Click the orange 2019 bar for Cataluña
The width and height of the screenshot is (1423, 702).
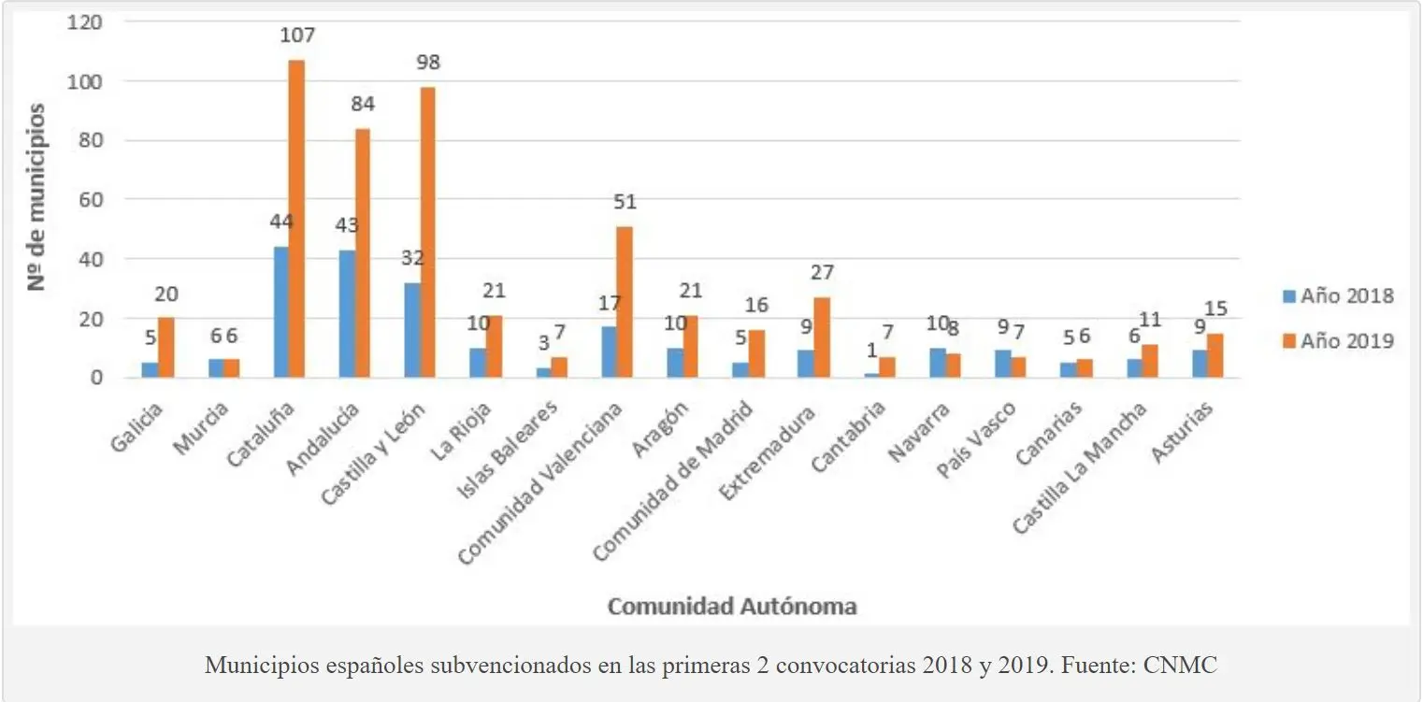pyautogui.click(x=296, y=220)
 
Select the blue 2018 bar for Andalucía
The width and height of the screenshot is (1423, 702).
pyautogui.click(x=346, y=314)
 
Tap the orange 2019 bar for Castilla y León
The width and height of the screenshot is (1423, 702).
pyautogui.click(x=427, y=233)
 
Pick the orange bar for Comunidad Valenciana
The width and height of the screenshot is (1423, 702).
pyautogui.click(x=625, y=302)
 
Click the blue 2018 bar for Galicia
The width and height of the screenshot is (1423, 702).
pyautogui.click(x=150, y=370)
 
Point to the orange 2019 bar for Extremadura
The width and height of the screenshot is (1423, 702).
pyautogui.click(x=822, y=337)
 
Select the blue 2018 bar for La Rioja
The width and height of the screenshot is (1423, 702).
pyautogui.click(x=477, y=363)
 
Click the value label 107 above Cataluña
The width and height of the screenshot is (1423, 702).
pyautogui.click(x=297, y=36)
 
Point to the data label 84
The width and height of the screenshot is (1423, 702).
pyautogui.click(x=361, y=105)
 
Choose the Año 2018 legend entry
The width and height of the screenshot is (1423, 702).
pyautogui.click(x=1338, y=296)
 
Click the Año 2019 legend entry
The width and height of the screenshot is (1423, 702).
pyautogui.click(x=1338, y=341)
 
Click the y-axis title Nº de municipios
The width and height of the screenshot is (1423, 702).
pyautogui.click(x=36, y=197)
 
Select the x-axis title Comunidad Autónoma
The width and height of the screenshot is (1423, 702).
pyautogui.click(x=732, y=606)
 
